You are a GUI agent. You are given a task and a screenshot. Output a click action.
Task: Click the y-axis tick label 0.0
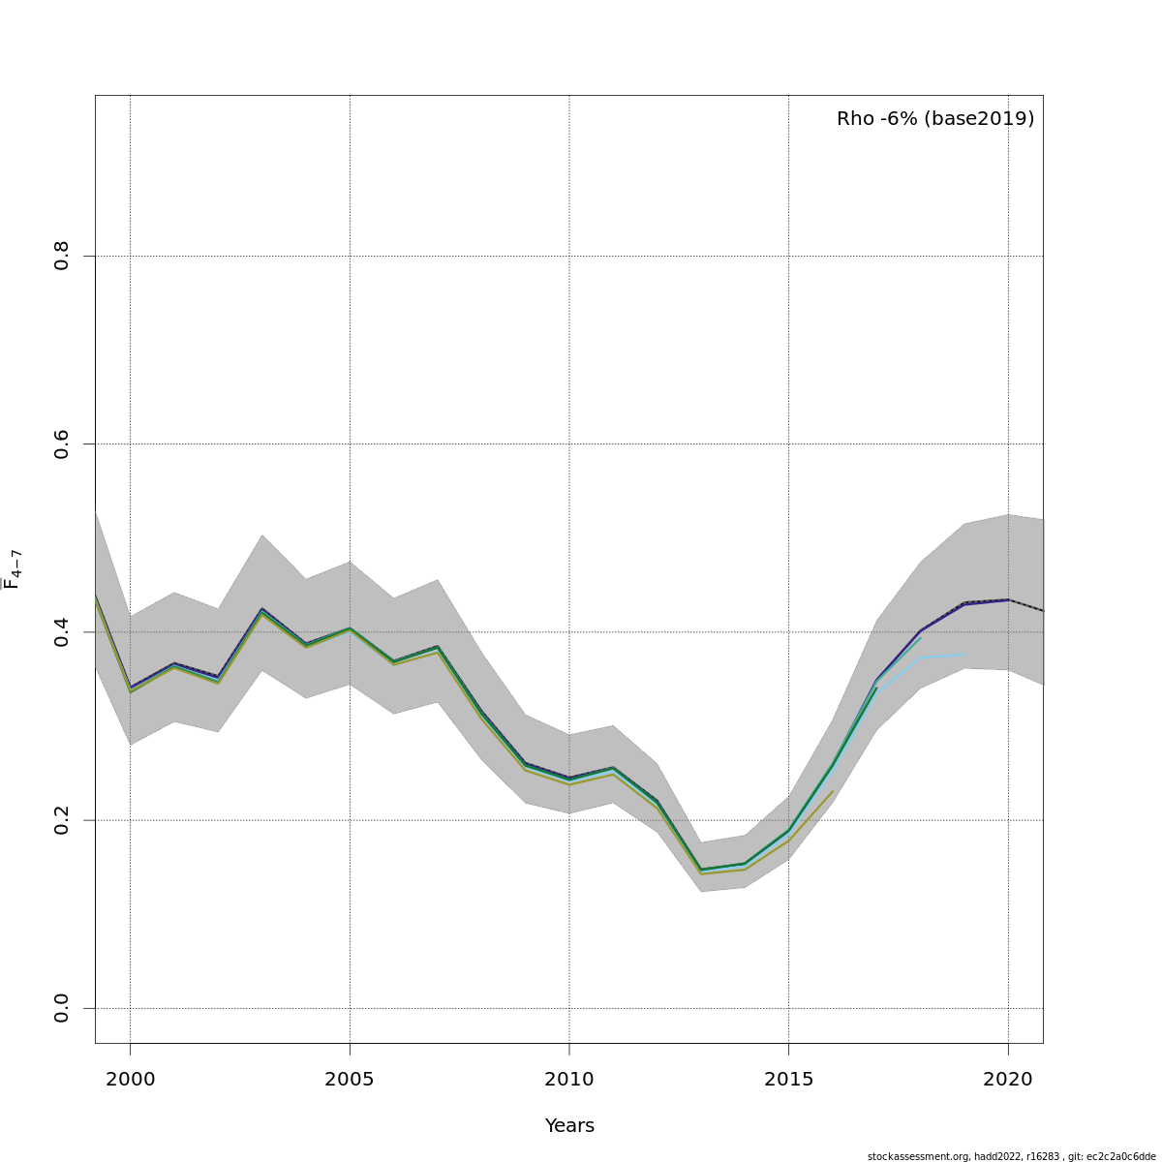pyautogui.click(x=62, y=1008)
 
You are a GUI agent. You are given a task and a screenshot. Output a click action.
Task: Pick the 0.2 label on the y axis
pyautogui.click(x=62, y=820)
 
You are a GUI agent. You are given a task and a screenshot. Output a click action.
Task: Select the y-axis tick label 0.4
pyautogui.click(x=62, y=632)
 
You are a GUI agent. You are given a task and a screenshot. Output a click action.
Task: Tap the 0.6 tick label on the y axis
pyautogui.click(x=62, y=443)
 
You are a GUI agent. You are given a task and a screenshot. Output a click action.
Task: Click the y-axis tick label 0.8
pyautogui.click(x=62, y=256)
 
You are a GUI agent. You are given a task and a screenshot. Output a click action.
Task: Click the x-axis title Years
pyautogui.click(x=569, y=1126)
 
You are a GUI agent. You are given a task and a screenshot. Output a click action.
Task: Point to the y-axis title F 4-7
pyautogui.click(x=13, y=569)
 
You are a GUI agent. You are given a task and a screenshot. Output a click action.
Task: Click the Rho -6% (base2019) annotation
pyautogui.click(x=935, y=119)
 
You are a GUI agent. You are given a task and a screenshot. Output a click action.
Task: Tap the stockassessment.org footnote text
pyautogui.click(x=1011, y=1156)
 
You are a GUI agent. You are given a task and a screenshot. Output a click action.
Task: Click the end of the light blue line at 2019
pyautogui.click(x=964, y=655)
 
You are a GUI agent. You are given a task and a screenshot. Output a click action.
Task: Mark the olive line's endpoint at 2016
pyautogui.click(x=833, y=791)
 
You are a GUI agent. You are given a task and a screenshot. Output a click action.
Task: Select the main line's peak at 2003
pyautogui.click(x=261, y=609)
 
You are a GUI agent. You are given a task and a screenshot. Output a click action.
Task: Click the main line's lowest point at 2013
pyautogui.click(x=701, y=870)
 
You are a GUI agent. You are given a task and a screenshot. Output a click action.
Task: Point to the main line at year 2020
pyautogui.click(x=1008, y=599)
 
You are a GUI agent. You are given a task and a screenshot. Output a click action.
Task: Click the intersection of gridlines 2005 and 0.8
pyautogui.click(x=350, y=256)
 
